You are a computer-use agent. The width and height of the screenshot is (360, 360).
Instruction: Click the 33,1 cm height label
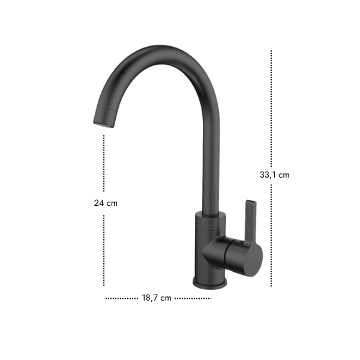tap(274, 175)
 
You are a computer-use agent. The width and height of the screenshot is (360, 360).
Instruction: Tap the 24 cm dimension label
tap(106, 203)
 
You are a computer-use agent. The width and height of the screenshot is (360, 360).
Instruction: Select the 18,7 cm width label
tap(157, 298)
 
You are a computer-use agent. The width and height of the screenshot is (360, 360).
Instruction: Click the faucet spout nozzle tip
tap(103, 125)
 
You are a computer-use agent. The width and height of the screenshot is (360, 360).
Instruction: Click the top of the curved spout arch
tap(161, 55)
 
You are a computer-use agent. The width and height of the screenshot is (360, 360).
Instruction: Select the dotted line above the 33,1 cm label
tap(271, 107)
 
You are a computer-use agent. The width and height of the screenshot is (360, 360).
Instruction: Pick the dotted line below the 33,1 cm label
tap(271, 235)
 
